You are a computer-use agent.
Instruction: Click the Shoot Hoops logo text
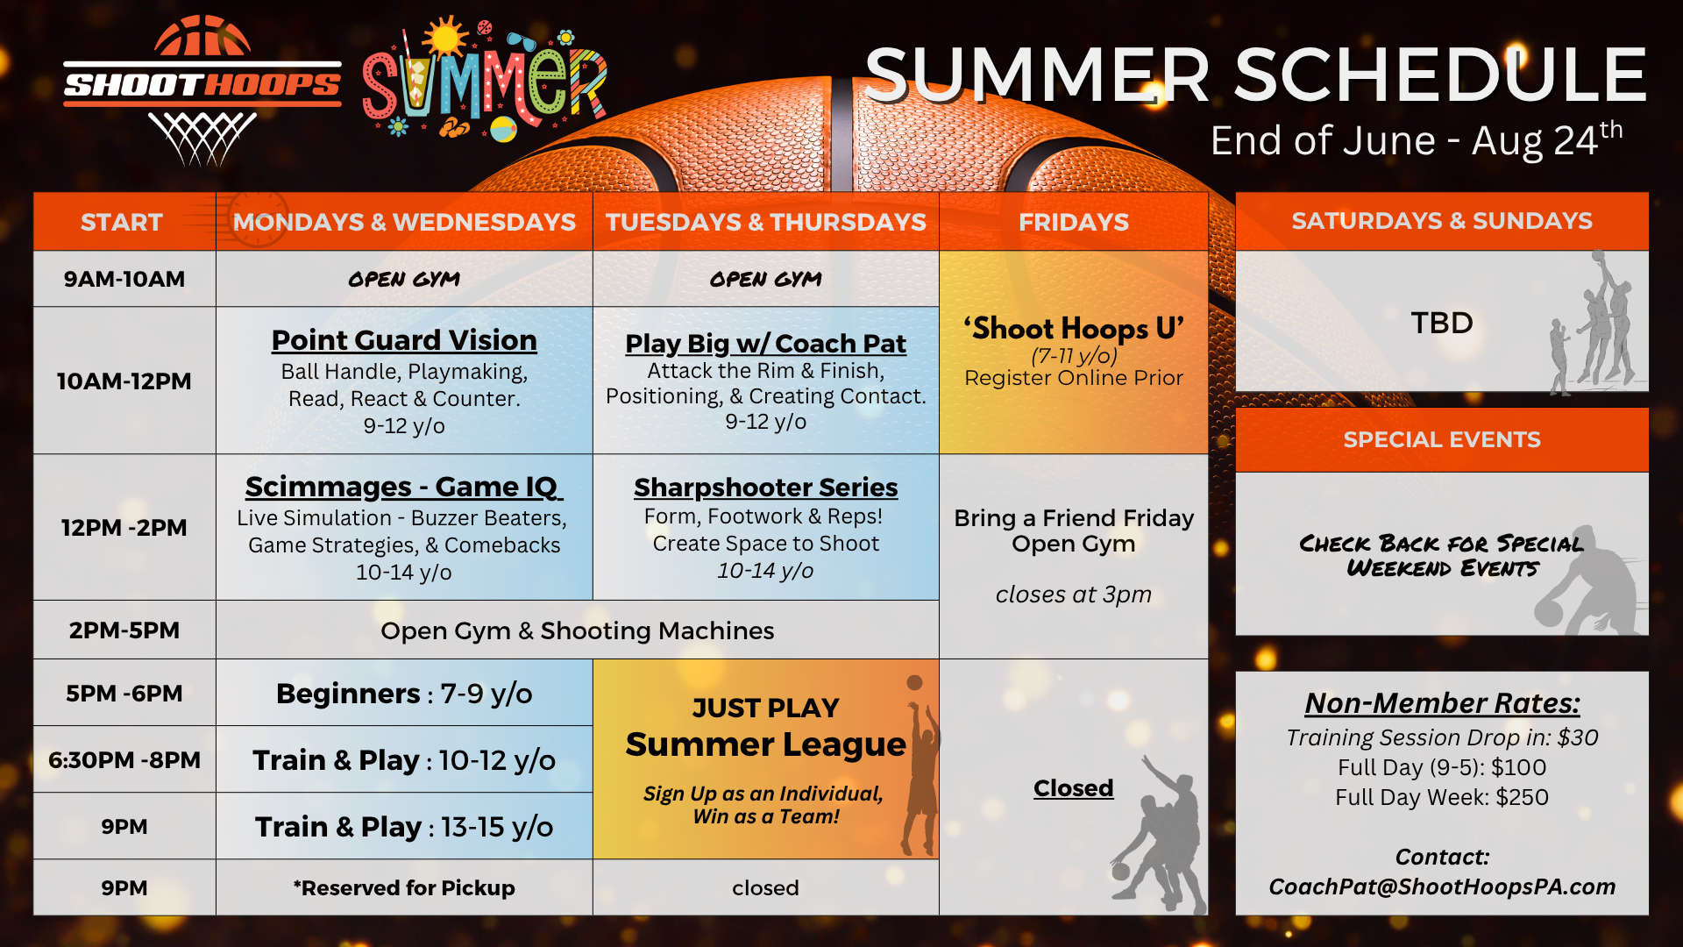tap(202, 84)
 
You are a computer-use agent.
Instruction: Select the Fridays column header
tap(1074, 222)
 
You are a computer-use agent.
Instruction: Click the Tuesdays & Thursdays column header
tap(766, 222)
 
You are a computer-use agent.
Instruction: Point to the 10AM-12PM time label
tap(124, 381)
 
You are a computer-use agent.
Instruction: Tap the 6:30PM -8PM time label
tap(124, 759)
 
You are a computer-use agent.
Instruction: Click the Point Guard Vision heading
tap(404, 340)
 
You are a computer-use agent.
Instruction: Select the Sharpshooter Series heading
tap(766, 487)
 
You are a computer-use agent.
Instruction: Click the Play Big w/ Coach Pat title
tap(766, 344)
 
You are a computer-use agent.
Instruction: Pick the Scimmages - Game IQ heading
tap(404, 487)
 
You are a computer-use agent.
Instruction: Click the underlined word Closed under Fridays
tap(1074, 788)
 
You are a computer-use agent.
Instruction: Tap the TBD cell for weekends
tap(1442, 323)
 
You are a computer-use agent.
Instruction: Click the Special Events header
tap(1442, 439)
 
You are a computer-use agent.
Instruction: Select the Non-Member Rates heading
tap(1442, 703)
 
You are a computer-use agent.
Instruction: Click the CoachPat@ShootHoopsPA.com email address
tap(1442, 886)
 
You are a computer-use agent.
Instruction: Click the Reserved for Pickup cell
tap(404, 888)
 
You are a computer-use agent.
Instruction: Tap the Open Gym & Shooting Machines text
tap(578, 630)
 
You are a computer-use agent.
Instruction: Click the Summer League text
tap(766, 744)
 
